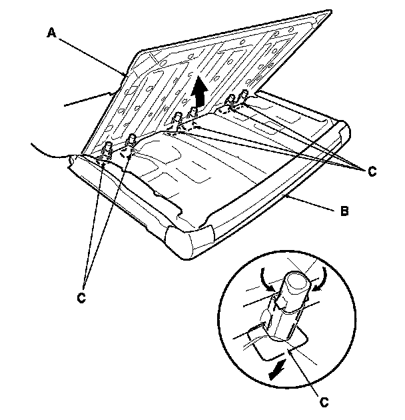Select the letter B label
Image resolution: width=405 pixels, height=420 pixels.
tap(344, 212)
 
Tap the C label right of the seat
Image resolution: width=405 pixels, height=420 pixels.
tap(370, 172)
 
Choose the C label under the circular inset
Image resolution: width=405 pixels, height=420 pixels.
tap(324, 402)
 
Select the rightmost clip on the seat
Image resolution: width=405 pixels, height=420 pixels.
tap(244, 95)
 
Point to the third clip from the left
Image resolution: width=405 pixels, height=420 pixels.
tap(177, 120)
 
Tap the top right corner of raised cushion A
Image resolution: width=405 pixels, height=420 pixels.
tap(328, 11)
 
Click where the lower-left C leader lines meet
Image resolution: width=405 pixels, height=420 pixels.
tap(87, 281)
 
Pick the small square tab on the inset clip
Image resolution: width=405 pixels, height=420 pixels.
tap(280, 303)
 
